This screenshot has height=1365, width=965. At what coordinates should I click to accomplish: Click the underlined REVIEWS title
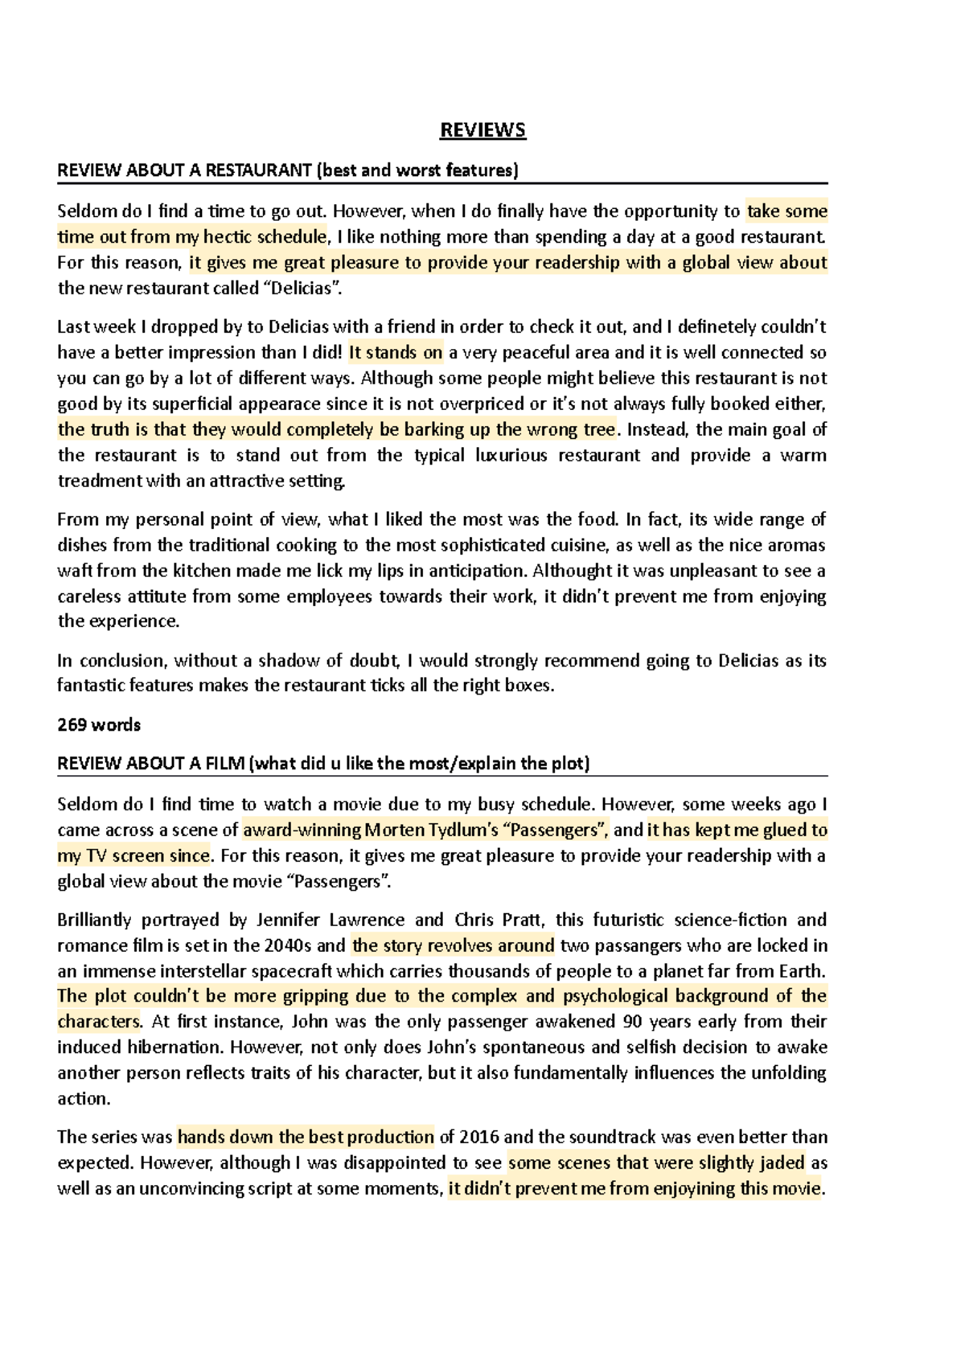pos(482,130)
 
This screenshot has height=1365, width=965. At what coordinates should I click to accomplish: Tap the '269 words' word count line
pos(98,725)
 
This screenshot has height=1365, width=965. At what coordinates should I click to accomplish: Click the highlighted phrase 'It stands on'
pos(396,353)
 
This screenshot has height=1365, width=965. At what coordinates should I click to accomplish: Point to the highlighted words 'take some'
pos(786,211)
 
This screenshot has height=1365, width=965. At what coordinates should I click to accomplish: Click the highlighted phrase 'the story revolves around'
pos(454,945)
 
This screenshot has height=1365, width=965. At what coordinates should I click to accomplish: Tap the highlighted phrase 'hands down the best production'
pos(306,1137)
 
